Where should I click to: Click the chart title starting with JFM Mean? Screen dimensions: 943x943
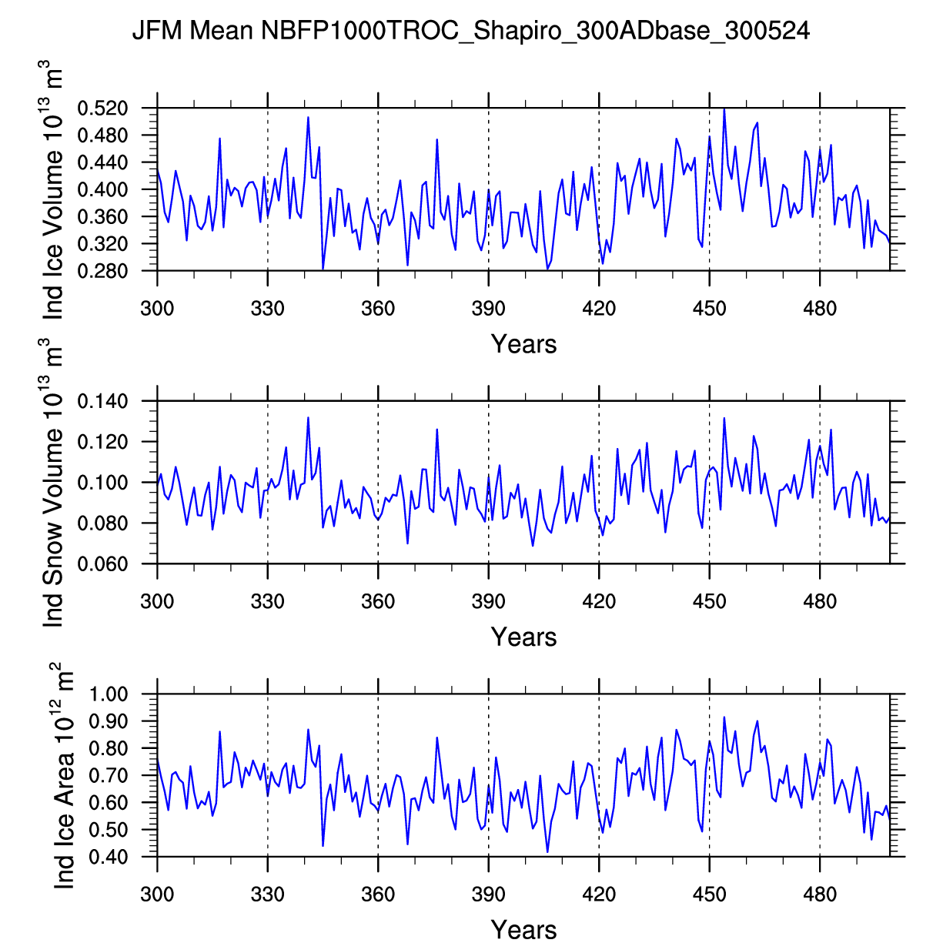470,31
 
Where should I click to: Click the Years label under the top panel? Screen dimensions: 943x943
523,344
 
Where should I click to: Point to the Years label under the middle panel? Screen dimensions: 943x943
523,637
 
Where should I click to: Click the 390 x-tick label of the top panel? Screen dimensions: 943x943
489,309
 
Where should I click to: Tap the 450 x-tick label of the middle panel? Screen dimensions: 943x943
710,602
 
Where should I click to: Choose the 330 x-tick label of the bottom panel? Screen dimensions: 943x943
268,895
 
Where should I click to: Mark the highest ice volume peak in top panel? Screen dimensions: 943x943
724,109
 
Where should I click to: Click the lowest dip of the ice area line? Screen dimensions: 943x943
547,851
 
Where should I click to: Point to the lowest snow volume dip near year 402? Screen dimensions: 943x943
533,546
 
